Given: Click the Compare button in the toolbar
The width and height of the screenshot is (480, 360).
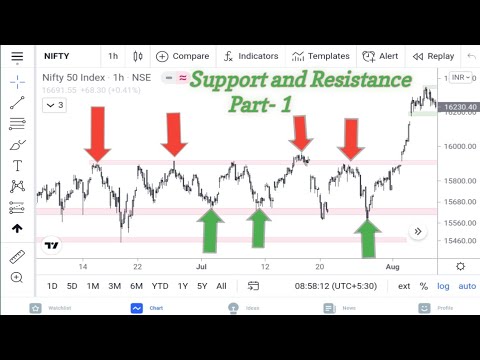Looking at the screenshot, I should click(183, 56).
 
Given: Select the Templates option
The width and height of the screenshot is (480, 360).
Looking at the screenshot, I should click(320, 56).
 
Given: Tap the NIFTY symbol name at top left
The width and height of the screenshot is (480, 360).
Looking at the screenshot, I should click(59, 56).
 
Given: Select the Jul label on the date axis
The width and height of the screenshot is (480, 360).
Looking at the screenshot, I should click(201, 267).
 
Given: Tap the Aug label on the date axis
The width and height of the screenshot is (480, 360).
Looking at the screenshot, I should click(394, 267).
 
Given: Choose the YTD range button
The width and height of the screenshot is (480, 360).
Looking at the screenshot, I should click(158, 286).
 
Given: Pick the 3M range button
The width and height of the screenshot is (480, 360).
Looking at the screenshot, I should click(114, 286).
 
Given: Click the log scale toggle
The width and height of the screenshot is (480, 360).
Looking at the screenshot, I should click(443, 286).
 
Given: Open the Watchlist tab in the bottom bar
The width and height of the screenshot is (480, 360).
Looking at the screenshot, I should click(59, 307).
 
